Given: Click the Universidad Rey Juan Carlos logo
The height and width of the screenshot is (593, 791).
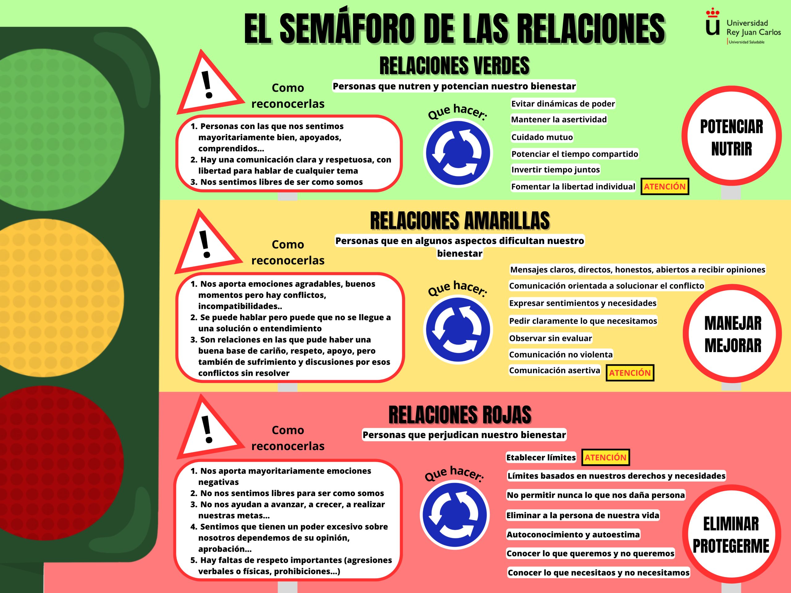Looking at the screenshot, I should click(743, 27).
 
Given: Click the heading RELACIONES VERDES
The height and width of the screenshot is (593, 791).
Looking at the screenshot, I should click(454, 66).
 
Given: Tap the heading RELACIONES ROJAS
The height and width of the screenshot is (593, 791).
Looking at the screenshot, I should click(460, 414).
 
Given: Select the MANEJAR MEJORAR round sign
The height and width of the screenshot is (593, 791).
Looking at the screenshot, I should click(732, 334).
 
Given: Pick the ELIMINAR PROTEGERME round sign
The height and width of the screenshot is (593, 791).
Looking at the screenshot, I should click(731, 535).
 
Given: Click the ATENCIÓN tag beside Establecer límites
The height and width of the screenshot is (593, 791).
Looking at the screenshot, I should click(605, 457).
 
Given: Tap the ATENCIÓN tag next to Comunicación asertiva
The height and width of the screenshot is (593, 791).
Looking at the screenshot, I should click(630, 373).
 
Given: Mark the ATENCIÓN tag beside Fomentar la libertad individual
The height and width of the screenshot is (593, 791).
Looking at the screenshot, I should click(664, 186).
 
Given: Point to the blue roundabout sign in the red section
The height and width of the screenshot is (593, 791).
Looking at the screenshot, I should click(455, 515).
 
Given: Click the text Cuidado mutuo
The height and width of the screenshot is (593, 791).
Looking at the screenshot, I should click(542, 137).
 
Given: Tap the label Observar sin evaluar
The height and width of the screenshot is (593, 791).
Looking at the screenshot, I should click(550, 338).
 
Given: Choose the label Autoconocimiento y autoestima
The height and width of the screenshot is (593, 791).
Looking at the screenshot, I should click(573, 534).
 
